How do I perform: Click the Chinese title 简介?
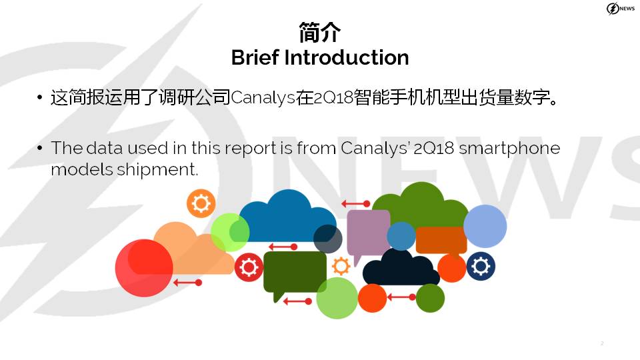pyautogui.click(x=319, y=32)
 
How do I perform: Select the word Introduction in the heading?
pyautogui.click(x=347, y=57)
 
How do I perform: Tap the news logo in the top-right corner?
pyautogui.click(x=621, y=8)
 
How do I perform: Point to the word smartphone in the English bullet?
pyautogui.click(x=509, y=149)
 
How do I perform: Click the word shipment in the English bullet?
pyautogui.click(x=157, y=169)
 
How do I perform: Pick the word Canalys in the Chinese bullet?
pyautogui.click(x=263, y=98)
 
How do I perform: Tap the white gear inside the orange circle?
pyautogui.click(x=201, y=203)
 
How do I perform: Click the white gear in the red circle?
pyautogui.click(x=249, y=267)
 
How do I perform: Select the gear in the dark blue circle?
pyautogui.click(x=481, y=267)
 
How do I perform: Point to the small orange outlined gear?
pyautogui.click(x=341, y=266)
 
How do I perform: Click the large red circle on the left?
pyautogui.click(x=144, y=268)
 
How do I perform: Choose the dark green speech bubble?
pyautogui.click(x=295, y=274)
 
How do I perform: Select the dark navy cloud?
pyautogui.click(x=401, y=268)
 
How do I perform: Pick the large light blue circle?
pyautogui.click(x=485, y=226)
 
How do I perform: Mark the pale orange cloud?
pyautogui.click(x=190, y=249)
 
